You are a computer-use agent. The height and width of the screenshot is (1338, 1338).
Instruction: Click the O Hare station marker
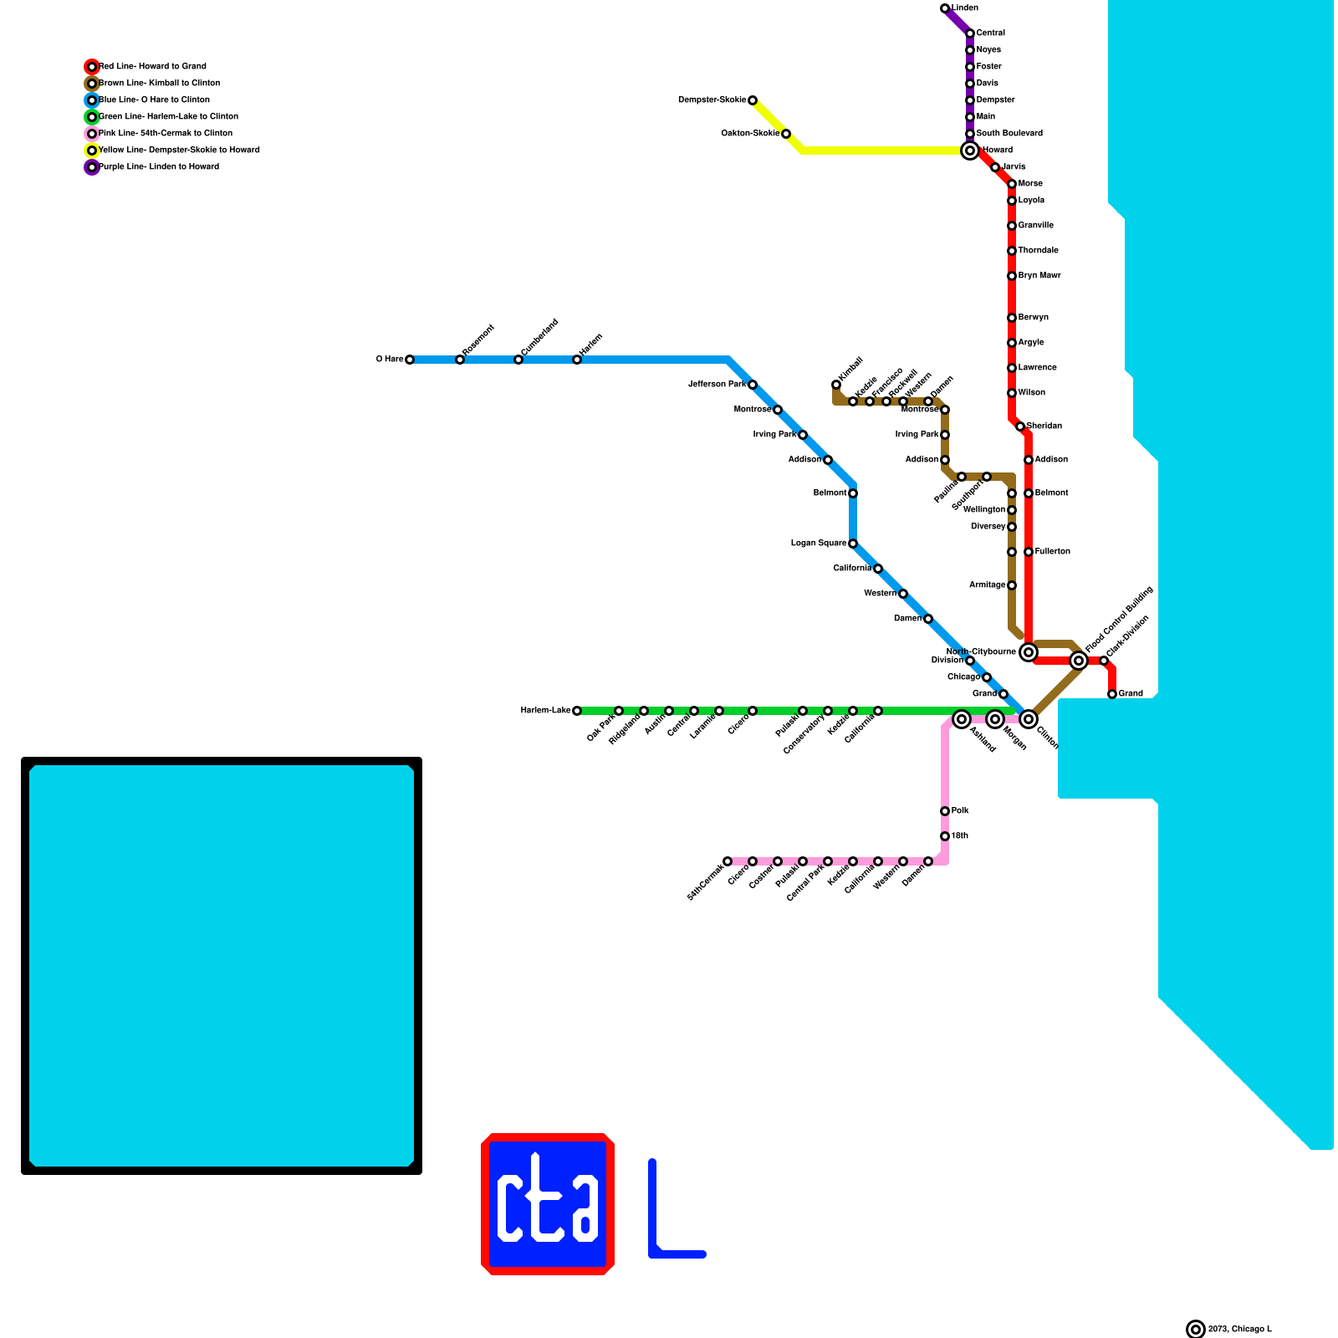click(410, 360)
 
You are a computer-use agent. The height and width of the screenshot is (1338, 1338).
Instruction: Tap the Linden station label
click(965, 8)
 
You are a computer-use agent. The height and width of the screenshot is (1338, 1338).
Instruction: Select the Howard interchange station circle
click(970, 151)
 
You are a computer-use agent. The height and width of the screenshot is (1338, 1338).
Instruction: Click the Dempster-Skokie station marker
click(753, 100)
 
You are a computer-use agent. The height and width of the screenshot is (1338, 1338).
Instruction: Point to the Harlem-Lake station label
click(545, 711)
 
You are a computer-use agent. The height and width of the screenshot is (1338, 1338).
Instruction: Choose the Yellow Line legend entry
click(179, 151)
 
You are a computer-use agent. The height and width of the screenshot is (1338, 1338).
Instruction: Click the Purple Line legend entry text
click(159, 167)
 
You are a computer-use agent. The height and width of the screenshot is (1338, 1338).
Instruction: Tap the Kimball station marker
click(836, 385)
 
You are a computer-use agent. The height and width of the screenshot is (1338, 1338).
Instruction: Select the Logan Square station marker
click(853, 544)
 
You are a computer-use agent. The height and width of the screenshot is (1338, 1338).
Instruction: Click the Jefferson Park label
click(717, 385)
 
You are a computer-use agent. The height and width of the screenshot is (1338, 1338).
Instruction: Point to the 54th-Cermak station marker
click(728, 861)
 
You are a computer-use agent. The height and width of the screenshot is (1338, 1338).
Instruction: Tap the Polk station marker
click(945, 811)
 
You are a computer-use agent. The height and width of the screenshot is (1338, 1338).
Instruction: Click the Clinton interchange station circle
click(1029, 719)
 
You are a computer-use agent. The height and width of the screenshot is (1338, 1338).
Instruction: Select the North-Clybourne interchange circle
click(1029, 652)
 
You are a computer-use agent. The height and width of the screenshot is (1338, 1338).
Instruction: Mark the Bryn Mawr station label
click(1039, 276)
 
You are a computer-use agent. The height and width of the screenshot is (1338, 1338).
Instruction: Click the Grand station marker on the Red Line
click(1112, 694)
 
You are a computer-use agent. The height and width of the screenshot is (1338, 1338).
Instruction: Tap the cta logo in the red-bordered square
click(548, 1204)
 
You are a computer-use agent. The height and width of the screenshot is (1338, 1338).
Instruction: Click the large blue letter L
click(669, 1213)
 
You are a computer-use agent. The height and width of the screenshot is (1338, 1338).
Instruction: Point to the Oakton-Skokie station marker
click(786, 134)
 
